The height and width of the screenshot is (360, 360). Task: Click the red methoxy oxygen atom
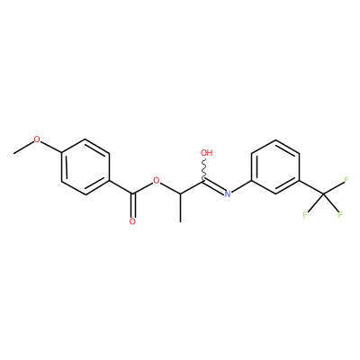click(37, 139)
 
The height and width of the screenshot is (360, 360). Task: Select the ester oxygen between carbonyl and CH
click(156, 181)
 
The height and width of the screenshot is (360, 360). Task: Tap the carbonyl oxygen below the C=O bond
click(132, 221)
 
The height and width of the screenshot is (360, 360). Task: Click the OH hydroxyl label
click(206, 153)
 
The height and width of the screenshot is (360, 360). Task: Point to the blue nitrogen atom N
click(228, 194)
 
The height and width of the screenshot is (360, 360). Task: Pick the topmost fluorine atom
click(346, 180)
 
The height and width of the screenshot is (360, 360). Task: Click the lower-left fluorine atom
click(305, 215)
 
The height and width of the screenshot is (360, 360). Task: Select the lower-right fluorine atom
click(340, 215)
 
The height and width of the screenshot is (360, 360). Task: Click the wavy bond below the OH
click(204, 169)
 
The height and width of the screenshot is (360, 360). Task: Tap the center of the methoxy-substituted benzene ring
click(85, 166)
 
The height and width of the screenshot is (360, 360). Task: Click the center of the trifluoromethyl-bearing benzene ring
click(275, 166)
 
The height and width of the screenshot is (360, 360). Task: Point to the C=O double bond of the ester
click(132, 205)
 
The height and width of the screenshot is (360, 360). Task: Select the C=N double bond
click(214, 186)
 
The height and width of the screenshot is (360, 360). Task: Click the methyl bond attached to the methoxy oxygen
click(23, 148)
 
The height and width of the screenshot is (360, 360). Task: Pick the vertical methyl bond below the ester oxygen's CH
click(180, 208)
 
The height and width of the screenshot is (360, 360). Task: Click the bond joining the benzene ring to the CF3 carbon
click(311, 187)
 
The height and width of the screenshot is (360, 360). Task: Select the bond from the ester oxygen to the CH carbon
click(170, 188)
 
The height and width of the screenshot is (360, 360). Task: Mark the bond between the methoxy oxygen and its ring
click(50, 148)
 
